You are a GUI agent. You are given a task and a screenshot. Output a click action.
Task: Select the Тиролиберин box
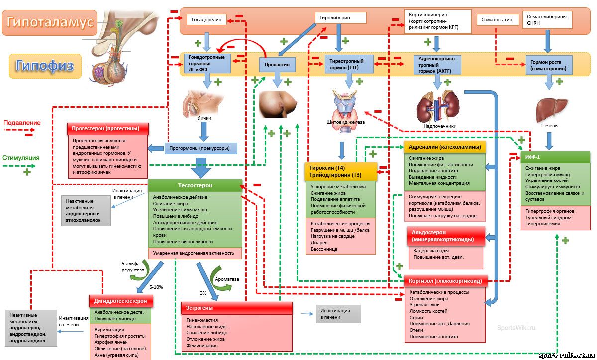click(x=341, y=18)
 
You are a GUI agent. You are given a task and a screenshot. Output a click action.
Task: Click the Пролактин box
click(x=278, y=65)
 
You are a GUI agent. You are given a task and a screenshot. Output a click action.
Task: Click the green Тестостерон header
click(x=195, y=185)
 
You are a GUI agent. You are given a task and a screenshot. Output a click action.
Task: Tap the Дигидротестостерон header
click(x=121, y=301)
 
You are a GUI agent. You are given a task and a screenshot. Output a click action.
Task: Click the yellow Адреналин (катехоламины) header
click(x=445, y=147)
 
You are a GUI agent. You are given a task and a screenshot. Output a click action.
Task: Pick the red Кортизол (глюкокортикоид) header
click(x=445, y=281)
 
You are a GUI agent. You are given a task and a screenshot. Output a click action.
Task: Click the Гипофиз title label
click(x=45, y=66)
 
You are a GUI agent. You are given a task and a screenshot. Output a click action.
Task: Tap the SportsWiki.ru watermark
click(x=516, y=328)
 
